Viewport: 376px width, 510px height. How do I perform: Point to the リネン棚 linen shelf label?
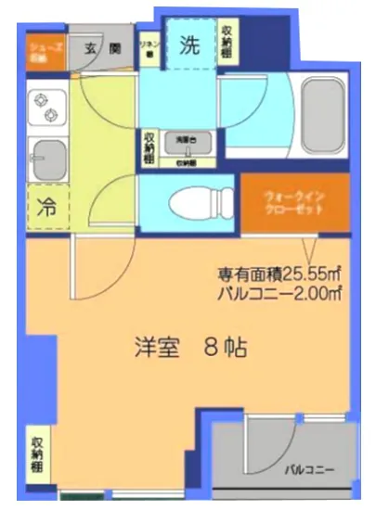pyautogui.click(x=148, y=47)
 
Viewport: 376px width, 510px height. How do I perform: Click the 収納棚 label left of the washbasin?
pyautogui.click(x=149, y=147)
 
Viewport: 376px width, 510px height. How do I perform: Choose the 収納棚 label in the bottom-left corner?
pyautogui.click(x=37, y=452)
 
